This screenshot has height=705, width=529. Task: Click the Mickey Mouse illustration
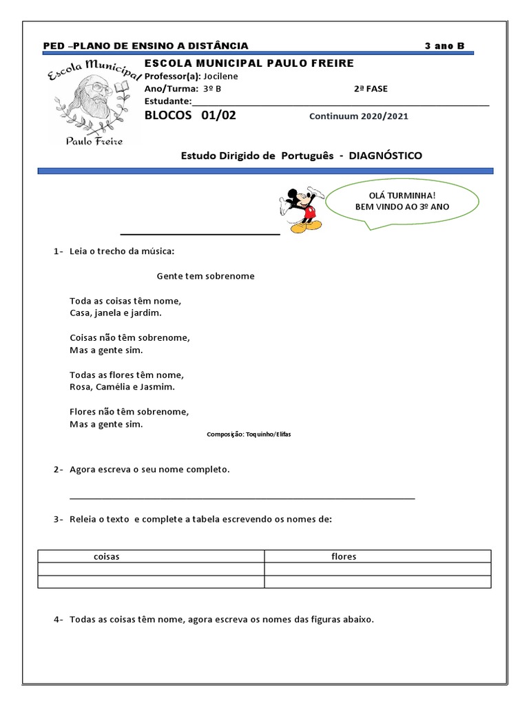(x=302, y=209)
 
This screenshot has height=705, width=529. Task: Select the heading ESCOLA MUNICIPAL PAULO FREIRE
(x=249, y=63)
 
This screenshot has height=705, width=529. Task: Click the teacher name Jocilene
(x=221, y=76)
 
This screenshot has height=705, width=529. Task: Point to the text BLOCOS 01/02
(x=190, y=115)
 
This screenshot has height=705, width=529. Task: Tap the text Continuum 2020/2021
(x=359, y=116)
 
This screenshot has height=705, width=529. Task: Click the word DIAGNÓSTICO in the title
(x=386, y=156)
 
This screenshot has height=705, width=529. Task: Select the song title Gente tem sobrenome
(x=205, y=276)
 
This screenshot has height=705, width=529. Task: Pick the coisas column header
(x=107, y=556)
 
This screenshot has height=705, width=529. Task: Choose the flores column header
(x=344, y=556)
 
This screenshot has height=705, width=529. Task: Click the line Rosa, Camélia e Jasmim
(x=123, y=387)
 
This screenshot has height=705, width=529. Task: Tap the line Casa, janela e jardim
(x=116, y=313)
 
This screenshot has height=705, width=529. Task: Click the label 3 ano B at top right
(x=445, y=46)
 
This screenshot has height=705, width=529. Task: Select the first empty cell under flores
(x=377, y=569)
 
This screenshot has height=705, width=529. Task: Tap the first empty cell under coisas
(x=151, y=569)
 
